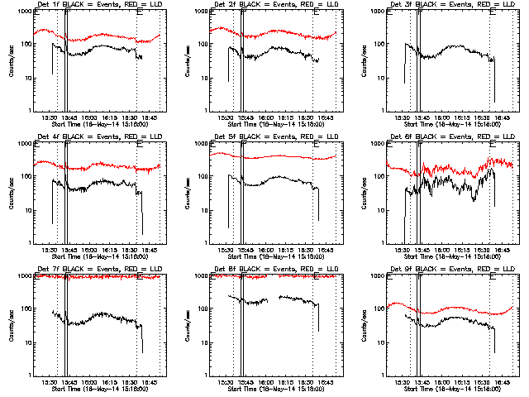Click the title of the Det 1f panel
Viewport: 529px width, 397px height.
point(93,6)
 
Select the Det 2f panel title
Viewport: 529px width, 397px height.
point(269,6)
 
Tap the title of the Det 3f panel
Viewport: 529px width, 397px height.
point(446,6)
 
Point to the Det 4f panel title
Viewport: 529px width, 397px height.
point(93,138)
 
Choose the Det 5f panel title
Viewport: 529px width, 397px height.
point(269,138)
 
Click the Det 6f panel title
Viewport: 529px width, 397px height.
point(446,138)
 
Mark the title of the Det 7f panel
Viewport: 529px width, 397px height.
point(93,270)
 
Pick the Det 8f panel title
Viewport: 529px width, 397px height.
point(269,270)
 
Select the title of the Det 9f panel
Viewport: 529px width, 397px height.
point(446,270)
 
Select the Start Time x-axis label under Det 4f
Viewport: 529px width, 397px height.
point(93,256)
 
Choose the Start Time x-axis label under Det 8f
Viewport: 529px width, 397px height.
point(269,389)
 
